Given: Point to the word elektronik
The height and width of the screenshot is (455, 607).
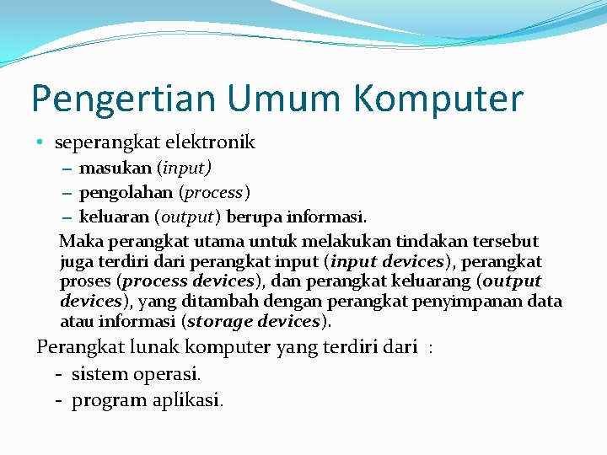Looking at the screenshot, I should point(210,142).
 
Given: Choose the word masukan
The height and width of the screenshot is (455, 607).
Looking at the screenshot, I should point(115,169).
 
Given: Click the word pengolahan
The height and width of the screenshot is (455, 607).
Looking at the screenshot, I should point(127,193).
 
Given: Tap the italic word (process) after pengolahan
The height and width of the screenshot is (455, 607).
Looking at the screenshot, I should point(215,193).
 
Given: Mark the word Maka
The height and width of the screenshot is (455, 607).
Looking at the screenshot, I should point(78,241).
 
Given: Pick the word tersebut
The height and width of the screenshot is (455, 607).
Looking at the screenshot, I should point(503,241).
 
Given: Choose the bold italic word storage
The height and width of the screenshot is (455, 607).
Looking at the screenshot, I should point(219,321).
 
